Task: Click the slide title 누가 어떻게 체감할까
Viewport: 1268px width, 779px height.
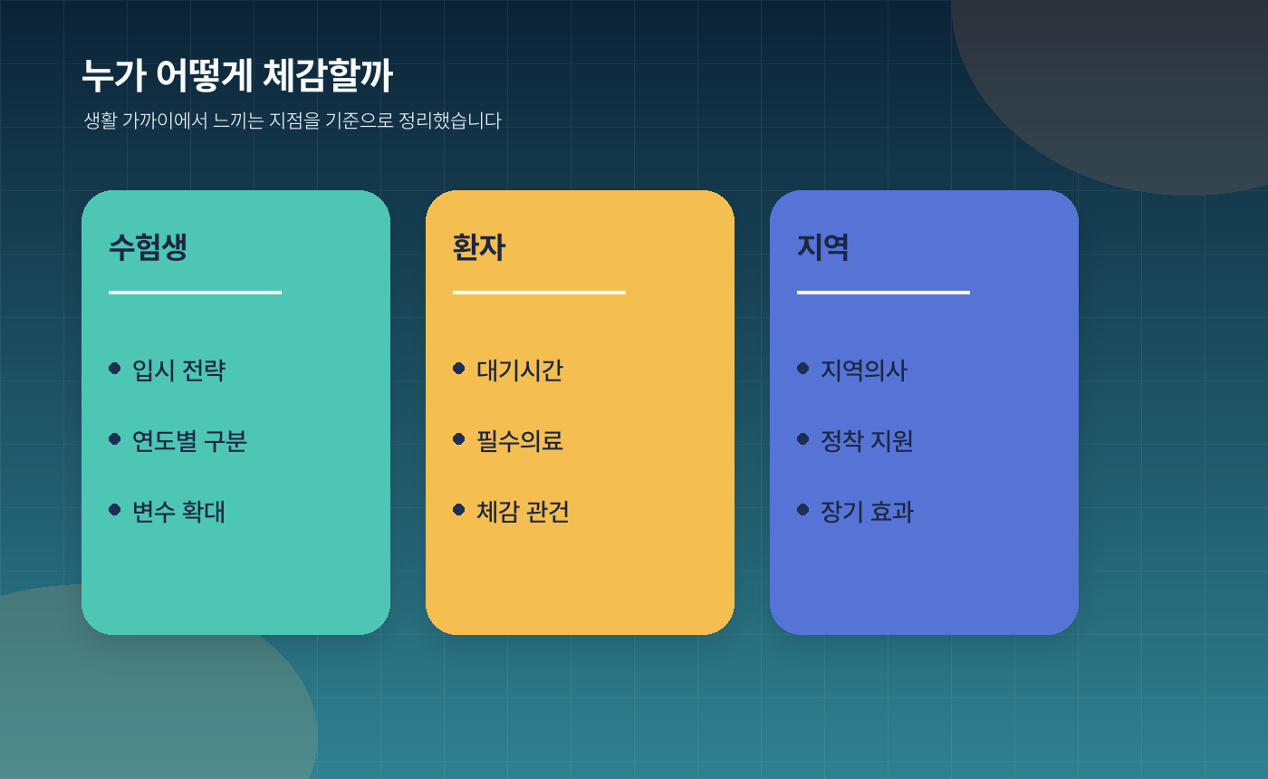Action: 237,76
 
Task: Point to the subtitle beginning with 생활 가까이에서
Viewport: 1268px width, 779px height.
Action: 292,120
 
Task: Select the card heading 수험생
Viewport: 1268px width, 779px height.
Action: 148,247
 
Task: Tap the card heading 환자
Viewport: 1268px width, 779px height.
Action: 478,247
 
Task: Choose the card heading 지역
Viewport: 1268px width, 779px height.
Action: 822,247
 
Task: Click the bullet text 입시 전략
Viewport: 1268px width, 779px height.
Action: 178,370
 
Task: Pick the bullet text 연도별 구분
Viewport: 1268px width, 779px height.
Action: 189,441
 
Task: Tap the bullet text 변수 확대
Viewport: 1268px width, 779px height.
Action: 178,512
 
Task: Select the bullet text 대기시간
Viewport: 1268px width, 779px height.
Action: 520,370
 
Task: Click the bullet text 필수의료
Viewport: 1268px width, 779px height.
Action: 520,441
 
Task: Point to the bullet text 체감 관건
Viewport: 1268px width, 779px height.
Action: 523,512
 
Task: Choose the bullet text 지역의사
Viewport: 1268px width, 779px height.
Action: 864,370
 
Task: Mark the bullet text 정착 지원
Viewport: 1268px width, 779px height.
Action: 867,441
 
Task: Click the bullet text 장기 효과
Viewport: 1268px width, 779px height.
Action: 867,512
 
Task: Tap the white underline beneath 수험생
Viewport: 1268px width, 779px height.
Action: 195,293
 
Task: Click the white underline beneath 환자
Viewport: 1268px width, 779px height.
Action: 539,293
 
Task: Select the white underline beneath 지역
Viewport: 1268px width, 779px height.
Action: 883,293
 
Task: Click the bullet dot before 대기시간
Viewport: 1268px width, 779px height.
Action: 458,368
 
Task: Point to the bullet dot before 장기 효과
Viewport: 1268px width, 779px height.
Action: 802,509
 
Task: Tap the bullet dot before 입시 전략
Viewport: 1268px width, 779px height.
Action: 114,368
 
